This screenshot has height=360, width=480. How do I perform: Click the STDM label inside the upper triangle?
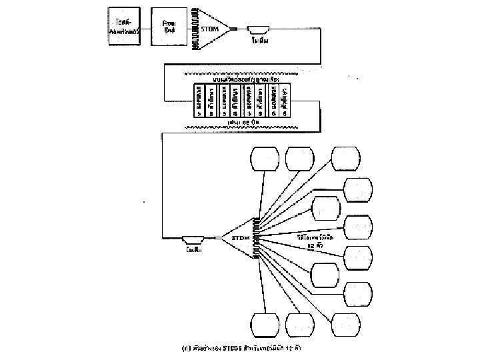click(211, 29)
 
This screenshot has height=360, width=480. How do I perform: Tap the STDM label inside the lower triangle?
click(240, 237)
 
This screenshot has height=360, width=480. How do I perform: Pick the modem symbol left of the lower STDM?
click(193, 238)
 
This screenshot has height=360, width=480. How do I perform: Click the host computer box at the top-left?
click(125, 27)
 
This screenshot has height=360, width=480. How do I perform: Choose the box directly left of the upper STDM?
click(169, 27)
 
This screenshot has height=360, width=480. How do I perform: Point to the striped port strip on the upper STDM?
click(196, 28)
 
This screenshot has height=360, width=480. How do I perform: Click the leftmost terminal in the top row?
click(263, 159)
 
